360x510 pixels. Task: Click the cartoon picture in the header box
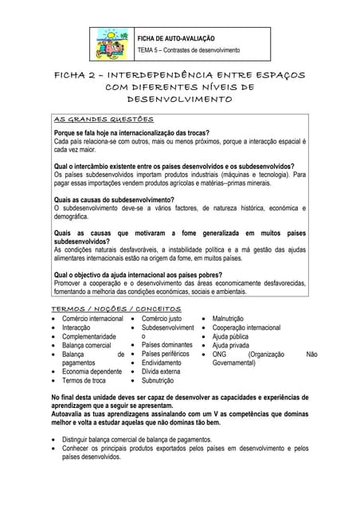[113, 45]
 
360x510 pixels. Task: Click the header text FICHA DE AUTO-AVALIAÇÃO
[176, 38]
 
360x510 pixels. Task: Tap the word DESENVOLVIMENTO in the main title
[180, 100]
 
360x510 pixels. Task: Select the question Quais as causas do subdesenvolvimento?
[113, 200]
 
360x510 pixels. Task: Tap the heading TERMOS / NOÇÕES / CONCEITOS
[115, 308]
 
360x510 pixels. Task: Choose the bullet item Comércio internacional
[92, 319]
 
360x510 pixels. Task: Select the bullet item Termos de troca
[84, 381]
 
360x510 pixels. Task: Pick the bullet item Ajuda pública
[231, 336]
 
